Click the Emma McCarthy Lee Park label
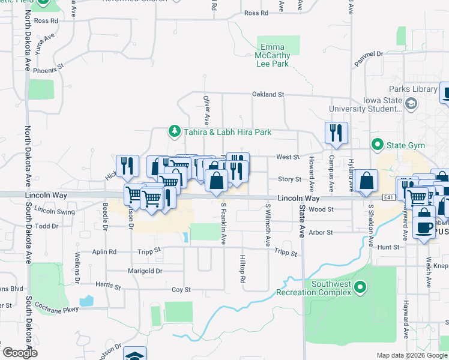coord(274,56)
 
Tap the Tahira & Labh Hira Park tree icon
coord(174,131)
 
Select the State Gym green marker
coord(377,144)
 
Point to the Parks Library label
coord(412,89)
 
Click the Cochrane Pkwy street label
coord(56,308)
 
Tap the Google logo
coord(19,353)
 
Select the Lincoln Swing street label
coord(55,211)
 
